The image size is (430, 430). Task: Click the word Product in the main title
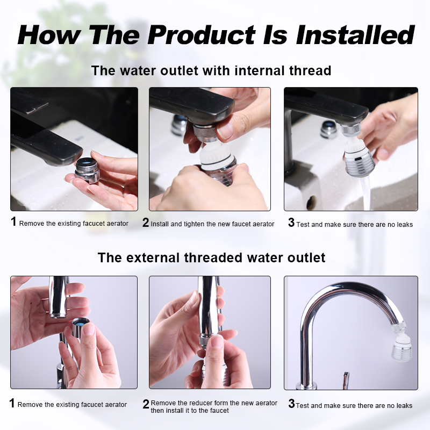coord(202,35)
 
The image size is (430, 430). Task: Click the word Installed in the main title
coord(355,35)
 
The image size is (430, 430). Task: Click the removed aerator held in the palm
coord(87,170)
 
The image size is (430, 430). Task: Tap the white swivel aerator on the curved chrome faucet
coord(399,342)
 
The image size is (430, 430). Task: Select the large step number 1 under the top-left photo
coord(13,221)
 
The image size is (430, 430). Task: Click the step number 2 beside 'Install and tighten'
coord(146,223)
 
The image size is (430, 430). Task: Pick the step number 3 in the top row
coord(291,223)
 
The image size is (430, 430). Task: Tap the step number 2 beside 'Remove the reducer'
coord(146,404)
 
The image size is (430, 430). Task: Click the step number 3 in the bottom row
coord(291,404)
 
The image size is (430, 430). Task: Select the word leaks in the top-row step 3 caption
coord(404,225)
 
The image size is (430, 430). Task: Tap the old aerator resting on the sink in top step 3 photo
coord(328,129)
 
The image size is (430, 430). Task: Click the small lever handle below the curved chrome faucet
coord(346,380)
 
